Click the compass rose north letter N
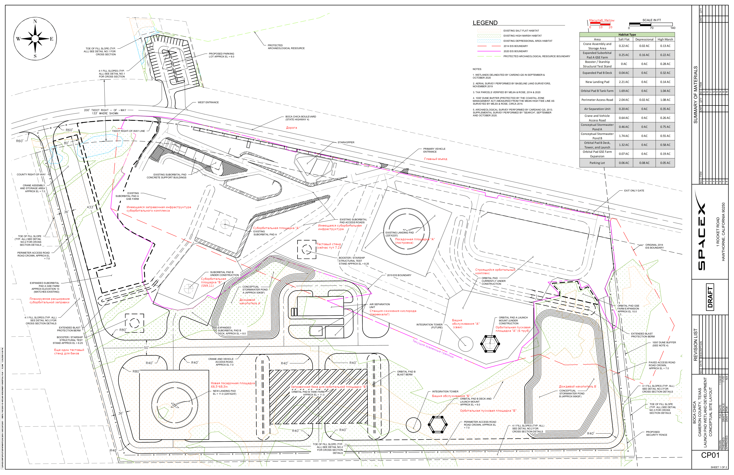[35, 21]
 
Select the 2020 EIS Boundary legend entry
[516, 51]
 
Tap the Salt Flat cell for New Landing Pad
[624, 82]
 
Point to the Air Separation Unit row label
[597, 109]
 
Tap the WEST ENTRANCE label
[208, 102]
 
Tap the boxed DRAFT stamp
[710, 297]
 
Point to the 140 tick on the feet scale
[673, 28]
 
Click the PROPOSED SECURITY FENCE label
[656, 433]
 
